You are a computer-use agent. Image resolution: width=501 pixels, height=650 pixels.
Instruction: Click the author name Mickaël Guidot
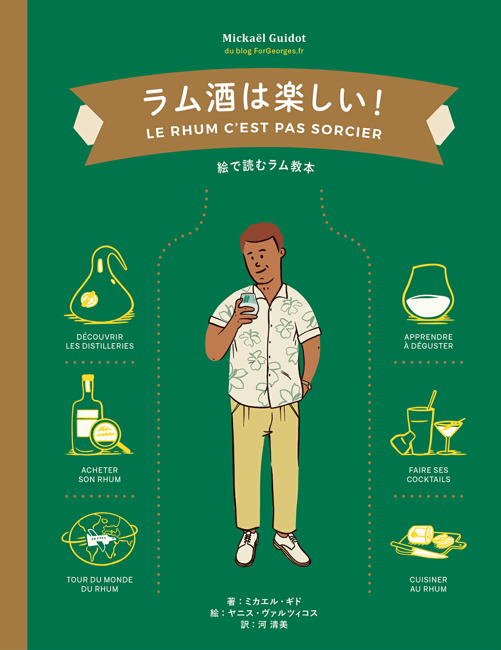point(264,38)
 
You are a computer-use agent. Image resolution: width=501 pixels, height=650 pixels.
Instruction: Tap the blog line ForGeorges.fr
point(264,51)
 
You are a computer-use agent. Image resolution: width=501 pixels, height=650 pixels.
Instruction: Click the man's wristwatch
point(307,385)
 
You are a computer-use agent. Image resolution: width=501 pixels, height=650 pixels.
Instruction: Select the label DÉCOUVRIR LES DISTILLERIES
point(100,342)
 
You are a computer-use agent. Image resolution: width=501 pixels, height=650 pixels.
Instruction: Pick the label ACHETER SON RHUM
point(100,475)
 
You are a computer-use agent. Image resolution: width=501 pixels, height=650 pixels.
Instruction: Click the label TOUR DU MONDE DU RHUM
point(100,584)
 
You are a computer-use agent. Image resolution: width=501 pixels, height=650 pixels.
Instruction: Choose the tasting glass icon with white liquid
point(428,295)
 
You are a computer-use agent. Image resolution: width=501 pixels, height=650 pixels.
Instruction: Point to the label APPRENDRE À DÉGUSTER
point(428,342)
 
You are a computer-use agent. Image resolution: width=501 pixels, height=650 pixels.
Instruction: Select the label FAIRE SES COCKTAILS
point(428,475)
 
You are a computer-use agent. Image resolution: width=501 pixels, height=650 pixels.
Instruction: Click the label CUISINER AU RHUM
point(428,584)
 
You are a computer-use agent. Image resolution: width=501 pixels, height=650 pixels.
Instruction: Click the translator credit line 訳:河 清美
point(264,625)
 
